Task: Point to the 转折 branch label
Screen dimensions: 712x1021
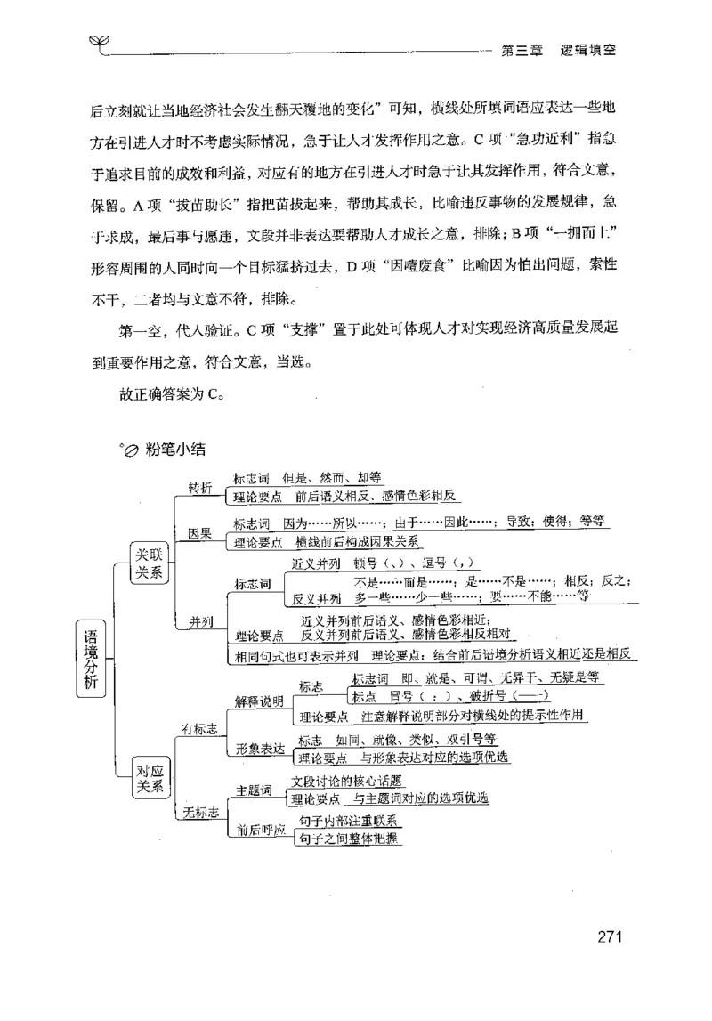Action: [x=200, y=487]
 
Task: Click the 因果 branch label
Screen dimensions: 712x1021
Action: [x=199, y=534]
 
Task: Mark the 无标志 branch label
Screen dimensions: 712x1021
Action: [x=201, y=811]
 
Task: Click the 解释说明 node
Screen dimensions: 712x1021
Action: [x=260, y=701]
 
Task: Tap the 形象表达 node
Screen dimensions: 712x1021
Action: [x=260, y=750]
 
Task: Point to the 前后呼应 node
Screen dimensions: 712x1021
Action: [x=260, y=831]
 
